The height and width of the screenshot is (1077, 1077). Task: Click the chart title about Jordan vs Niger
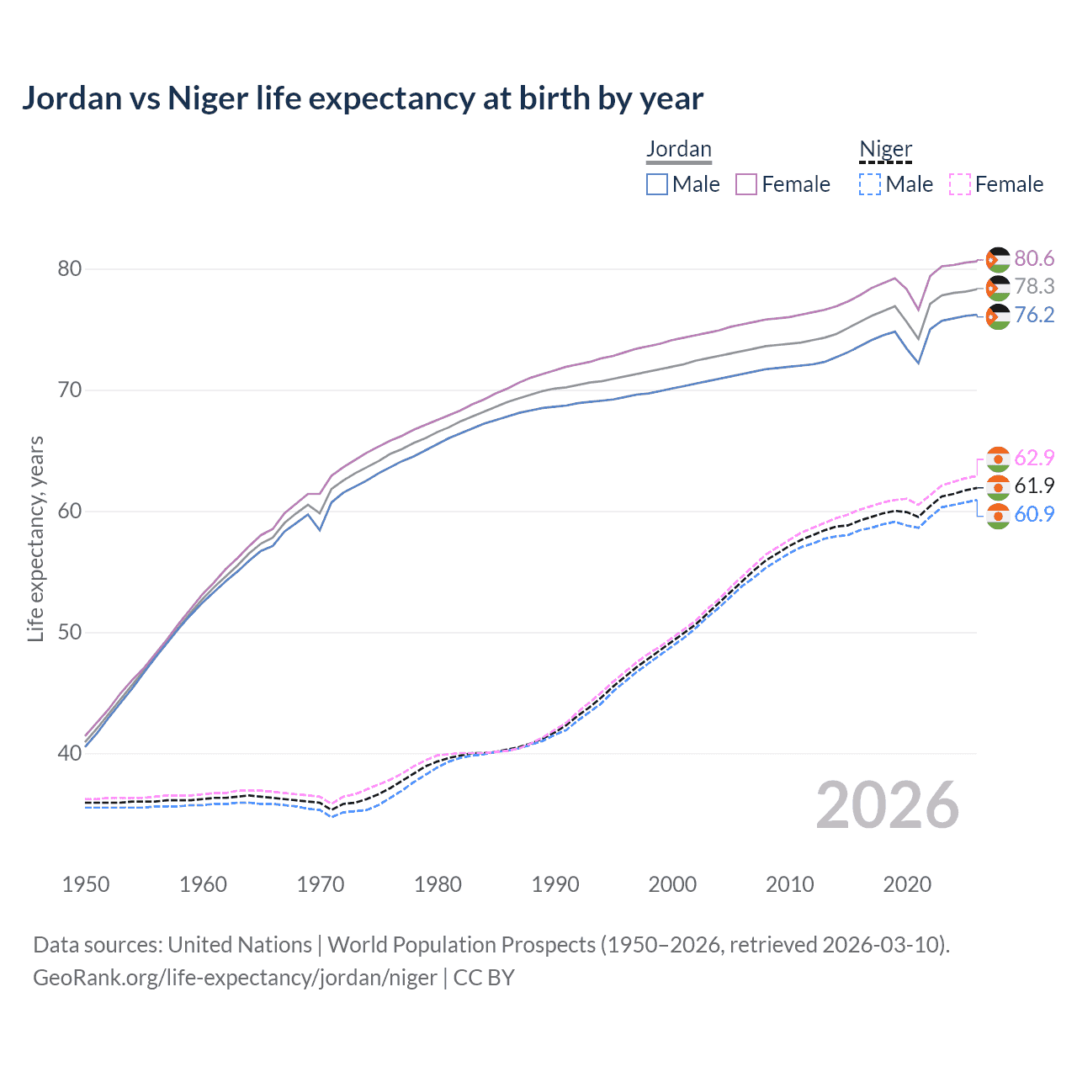coord(362,98)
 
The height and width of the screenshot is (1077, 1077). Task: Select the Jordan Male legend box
coord(657,184)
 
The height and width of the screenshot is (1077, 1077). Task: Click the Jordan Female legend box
coord(746,184)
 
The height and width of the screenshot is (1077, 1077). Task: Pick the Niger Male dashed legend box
coord(870,184)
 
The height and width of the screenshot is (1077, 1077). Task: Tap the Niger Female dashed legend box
coord(960,184)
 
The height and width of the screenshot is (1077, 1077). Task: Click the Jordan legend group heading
coord(678,149)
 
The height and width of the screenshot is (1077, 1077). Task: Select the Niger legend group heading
coord(885,149)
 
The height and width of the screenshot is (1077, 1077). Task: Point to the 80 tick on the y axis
coord(69,269)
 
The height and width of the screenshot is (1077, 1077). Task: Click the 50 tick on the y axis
coord(69,633)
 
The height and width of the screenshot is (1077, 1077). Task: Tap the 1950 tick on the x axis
coord(86,884)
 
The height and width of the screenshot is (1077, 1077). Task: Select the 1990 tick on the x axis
coord(555,884)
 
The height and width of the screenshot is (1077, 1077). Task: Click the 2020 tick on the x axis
coord(907,884)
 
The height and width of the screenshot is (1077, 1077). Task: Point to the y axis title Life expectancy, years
coord(35,538)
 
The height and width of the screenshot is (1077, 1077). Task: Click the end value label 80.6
coord(1034,258)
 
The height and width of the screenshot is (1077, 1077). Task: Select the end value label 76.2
coord(1034,315)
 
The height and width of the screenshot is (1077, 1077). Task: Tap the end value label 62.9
coord(1034,458)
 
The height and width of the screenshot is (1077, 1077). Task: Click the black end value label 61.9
coord(1034,485)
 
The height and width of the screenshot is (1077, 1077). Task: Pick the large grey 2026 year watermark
coord(887,805)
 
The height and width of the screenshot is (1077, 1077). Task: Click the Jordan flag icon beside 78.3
coord(997,288)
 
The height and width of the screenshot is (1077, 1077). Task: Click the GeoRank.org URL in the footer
coord(235,978)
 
